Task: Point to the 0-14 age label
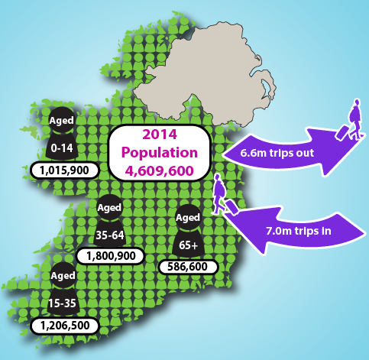click(x=61, y=146)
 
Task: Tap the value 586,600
click(x=187, y=266)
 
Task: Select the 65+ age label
click(x=188, y=244)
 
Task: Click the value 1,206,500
click(x=63, y=324)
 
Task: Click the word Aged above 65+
click(x=188, y=219)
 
